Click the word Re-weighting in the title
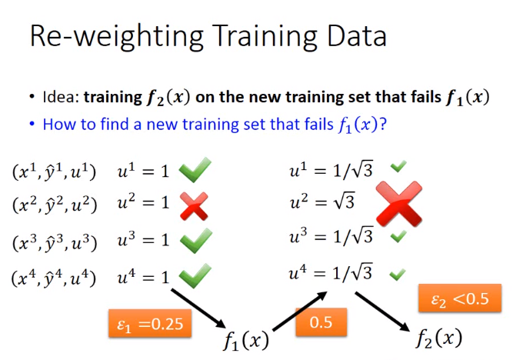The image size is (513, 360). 116,36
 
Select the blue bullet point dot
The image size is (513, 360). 32,124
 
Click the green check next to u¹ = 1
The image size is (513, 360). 195,169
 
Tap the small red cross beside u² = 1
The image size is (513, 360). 194,206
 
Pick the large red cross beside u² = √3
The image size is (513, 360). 399,204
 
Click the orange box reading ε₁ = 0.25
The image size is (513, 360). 150,323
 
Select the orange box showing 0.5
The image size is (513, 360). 321,322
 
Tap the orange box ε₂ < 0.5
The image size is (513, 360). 460,298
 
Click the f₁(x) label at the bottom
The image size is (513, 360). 246,340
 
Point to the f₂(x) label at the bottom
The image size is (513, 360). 439,338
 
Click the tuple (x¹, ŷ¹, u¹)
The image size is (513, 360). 54,172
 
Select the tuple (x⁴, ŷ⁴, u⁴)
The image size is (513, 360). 54,278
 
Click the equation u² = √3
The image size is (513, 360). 322,201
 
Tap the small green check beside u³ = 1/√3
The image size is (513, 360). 398,236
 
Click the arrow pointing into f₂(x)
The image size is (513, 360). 382,312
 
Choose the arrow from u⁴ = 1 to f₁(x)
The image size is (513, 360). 198,308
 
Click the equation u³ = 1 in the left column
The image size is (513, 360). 143,239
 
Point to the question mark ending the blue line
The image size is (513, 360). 383,124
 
